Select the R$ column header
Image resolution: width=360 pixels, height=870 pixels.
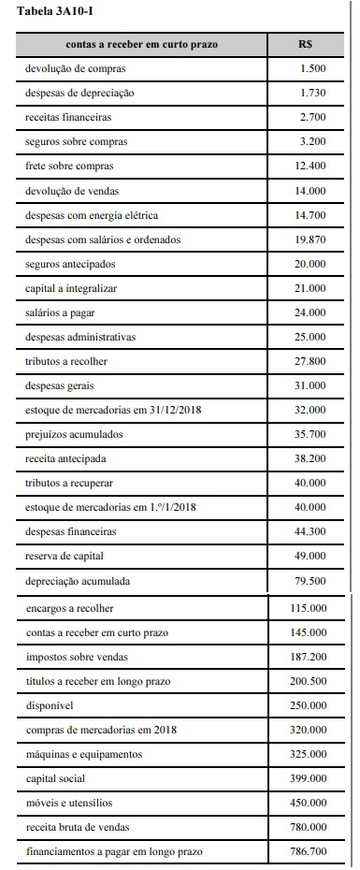(306, 44)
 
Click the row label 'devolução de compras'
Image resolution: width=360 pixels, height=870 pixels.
(76, 69)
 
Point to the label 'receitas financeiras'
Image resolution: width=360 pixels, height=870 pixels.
(69, 118)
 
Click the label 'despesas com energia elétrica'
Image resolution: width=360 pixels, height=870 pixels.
(92, 215)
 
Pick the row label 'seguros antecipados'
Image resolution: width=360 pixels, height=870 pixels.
(70, 264)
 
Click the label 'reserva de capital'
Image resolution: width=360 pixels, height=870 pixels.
(65, 556)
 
